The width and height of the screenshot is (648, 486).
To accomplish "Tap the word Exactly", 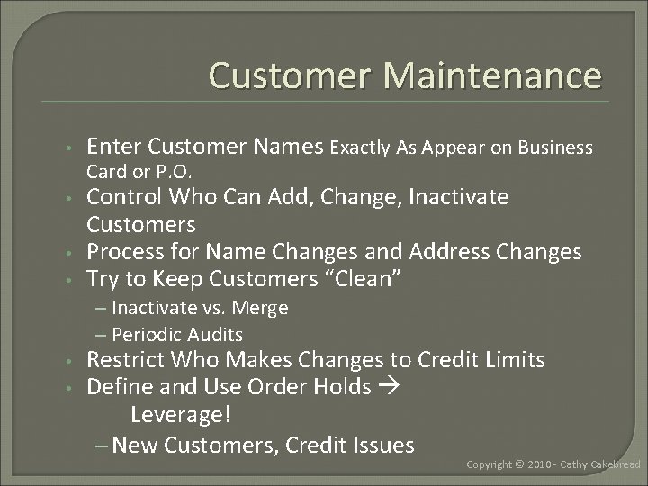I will pos(368,148).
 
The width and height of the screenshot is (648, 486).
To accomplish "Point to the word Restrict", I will pos(128,361).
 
